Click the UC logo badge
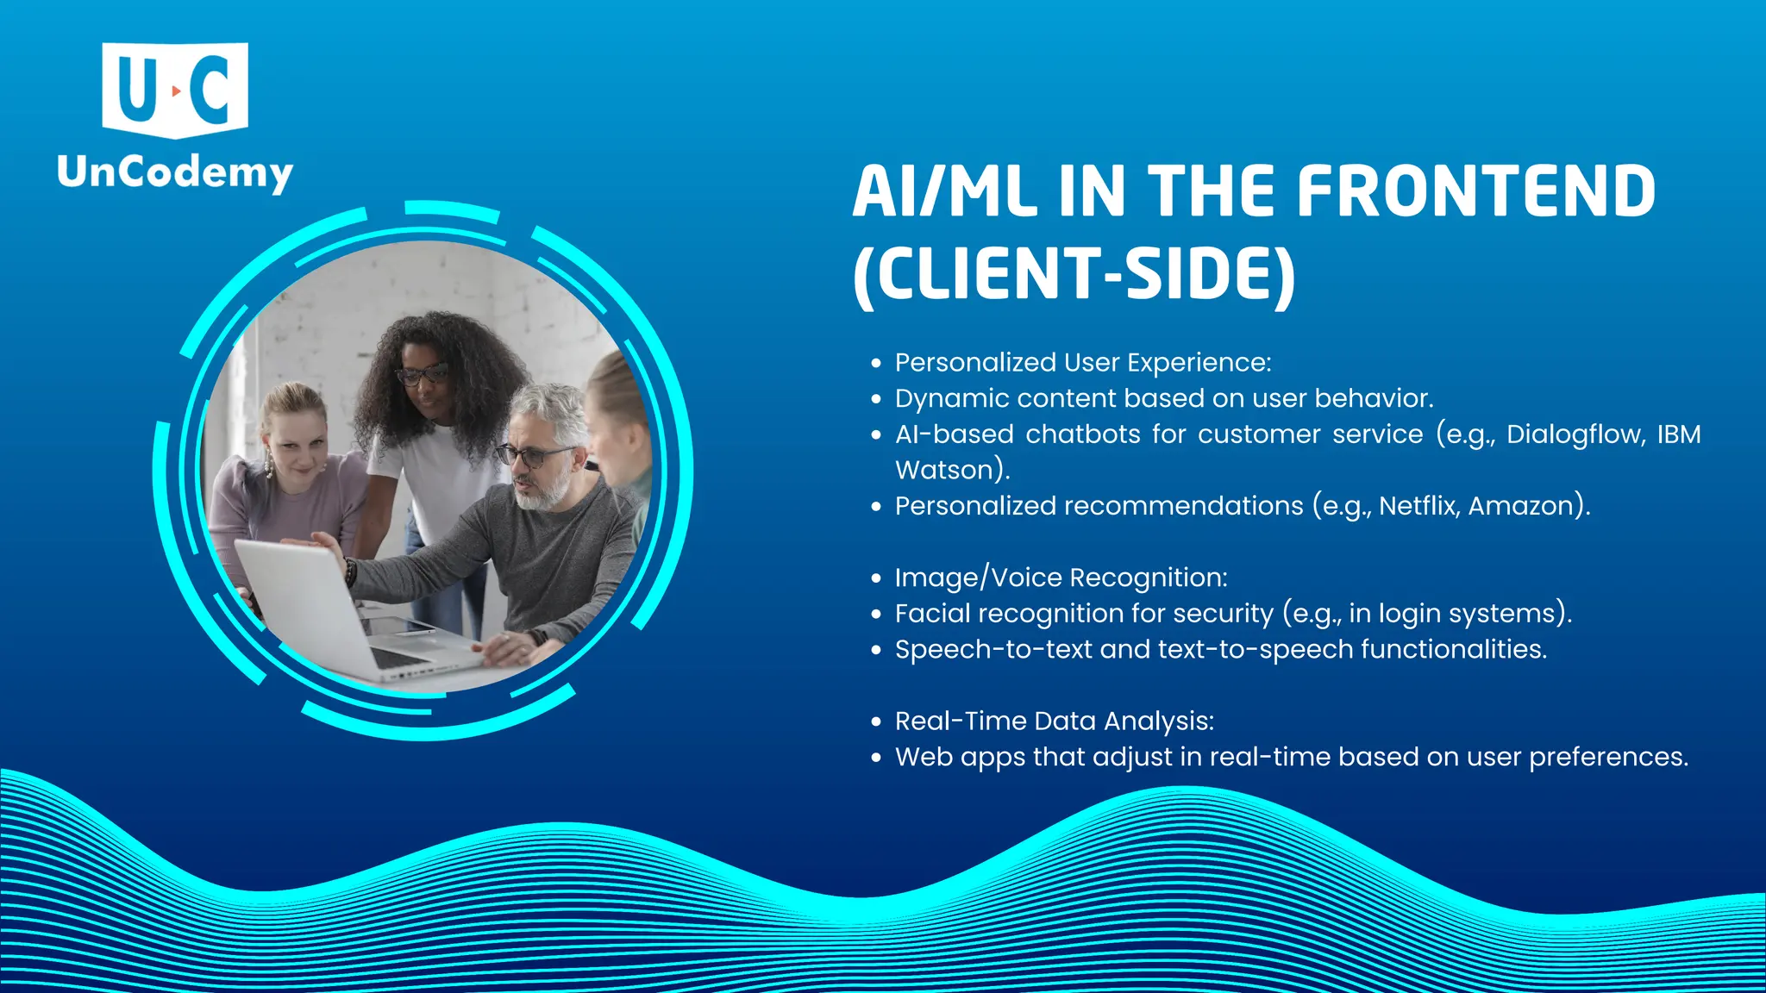pos(175,90)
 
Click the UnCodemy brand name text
pos(175,173)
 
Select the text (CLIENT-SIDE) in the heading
pos(1074,274)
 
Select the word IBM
pos(1678,434)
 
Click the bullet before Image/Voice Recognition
pos(876,578)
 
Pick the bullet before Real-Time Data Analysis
pos(876,721)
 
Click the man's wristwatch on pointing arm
pos(350,571)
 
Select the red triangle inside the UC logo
pos(176,91)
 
